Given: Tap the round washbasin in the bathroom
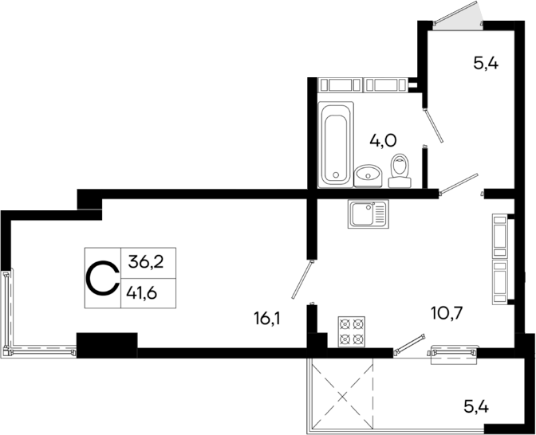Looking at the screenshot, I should tap(367, 174).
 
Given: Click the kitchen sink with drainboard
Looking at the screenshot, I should tap(367, 214).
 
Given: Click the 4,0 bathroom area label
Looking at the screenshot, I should tap(383, 141).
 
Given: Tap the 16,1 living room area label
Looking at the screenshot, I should tap(268, 319).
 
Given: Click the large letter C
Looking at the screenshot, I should tap(101, 278).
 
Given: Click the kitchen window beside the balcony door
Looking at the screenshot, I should tap(454, 353).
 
